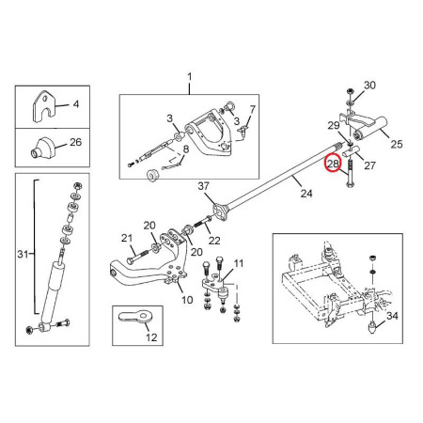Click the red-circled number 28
point(333,164)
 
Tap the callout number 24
point(306,194)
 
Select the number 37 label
point(203,186)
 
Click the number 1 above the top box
point(189,77)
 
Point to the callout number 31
point(23,254)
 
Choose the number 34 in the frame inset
point(392,316)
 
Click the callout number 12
point(151,337)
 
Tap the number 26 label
point(75,142)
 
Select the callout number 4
point(76,104)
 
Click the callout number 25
point(397,144)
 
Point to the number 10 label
point(187,300)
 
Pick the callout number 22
point(214,241)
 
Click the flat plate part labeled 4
point(43,106)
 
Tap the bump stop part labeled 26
point(42,147)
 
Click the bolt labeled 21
point(138,256)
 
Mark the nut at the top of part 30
point(350,92)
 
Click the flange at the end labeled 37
point(220,211)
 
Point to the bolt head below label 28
point(350,184)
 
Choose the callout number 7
point(252,109)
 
